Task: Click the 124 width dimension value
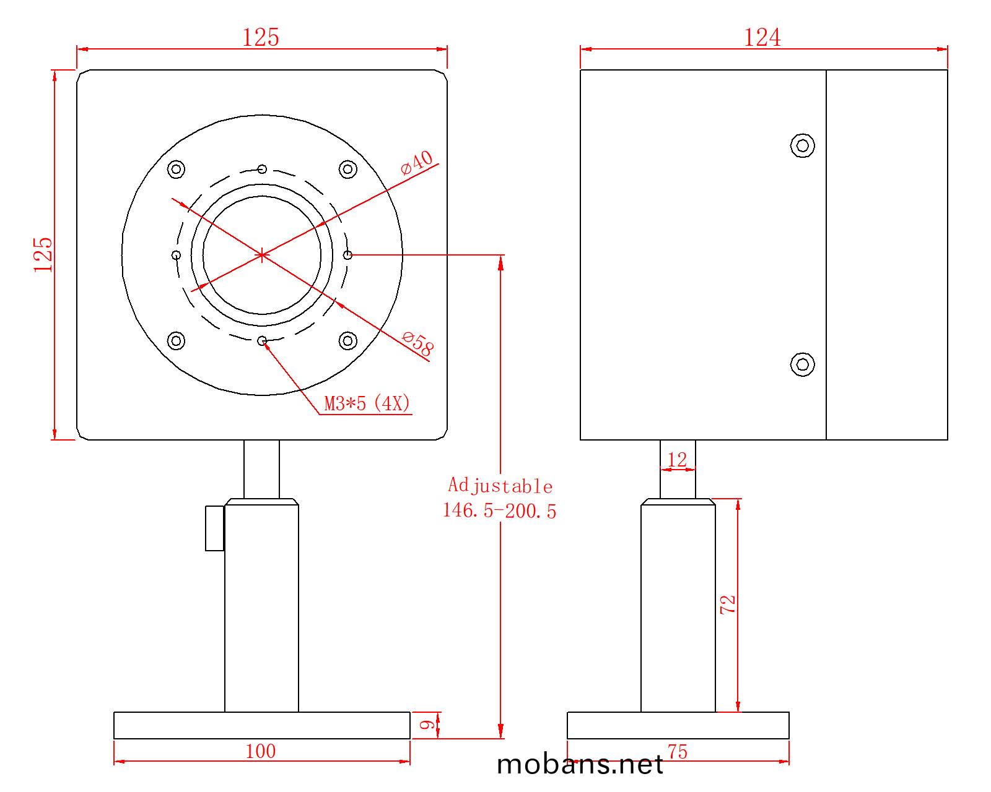[x=762, y=37]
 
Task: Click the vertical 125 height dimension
[x=43, y=255]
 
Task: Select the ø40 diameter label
[x=416, y=163]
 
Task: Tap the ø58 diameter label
[x=417, y=343]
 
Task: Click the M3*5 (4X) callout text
[x=367, y=403]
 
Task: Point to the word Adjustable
[x=500, y=486]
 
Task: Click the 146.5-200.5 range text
[x=499, y=511]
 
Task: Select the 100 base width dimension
[x=261, y=752]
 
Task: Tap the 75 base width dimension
[x=678, y=752]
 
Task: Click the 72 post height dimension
[x=728, y=605]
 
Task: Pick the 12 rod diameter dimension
[x=677, y=460]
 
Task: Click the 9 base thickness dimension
[x=427, y=725]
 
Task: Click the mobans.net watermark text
[x=580, y=764]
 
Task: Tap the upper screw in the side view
[x=802, y=145]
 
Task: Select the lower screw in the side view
[x=802, y=364]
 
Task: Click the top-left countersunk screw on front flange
[x=176, y=170]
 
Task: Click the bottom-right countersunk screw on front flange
[x=347, y=341]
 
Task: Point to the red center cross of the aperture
[x=261, y=255]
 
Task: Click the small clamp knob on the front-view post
[x=214, y=528]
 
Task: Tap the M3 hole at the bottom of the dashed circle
[x=262, y=341]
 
